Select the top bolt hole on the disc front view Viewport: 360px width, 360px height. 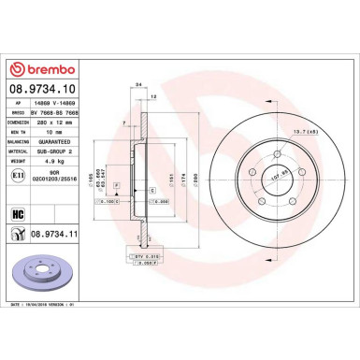click(x=280, y=151)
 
